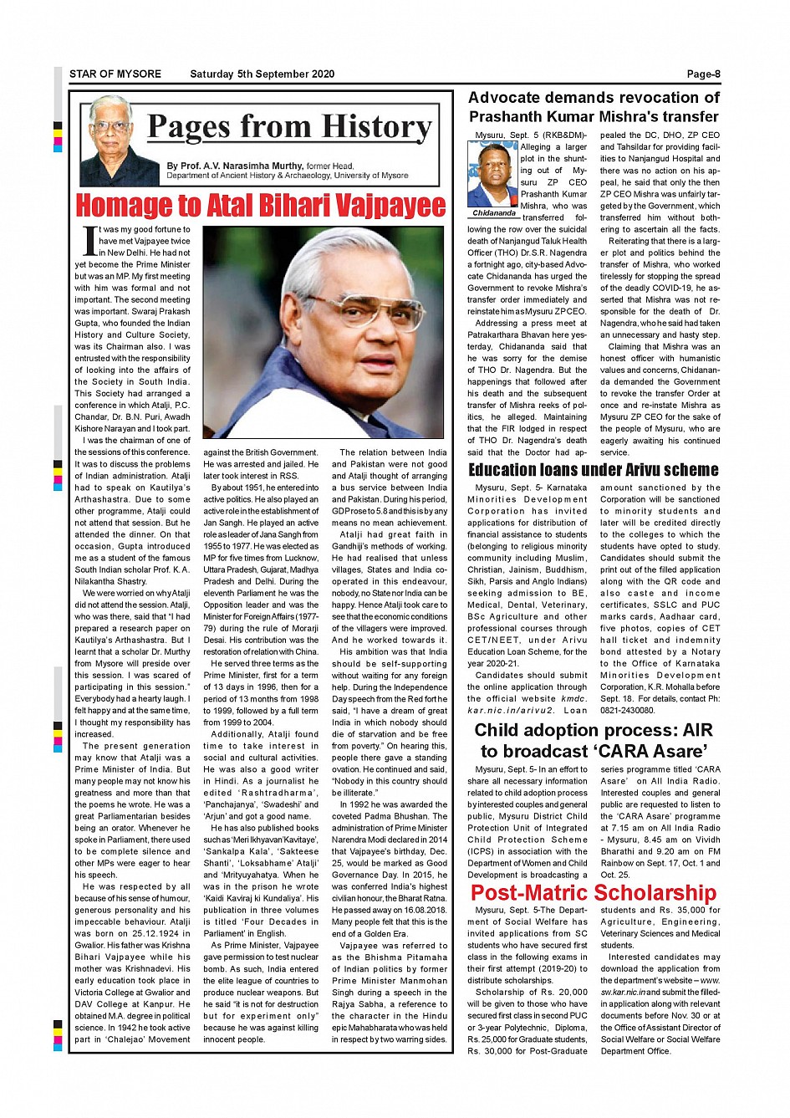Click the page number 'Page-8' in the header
pyautogui.click(x=703, y=74)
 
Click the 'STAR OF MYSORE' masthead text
pyautogui.click(x=115, y=74)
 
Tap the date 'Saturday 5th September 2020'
pyautogui.click(x=262, y=74)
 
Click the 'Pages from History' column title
pyautogui.click(x=289, y=127)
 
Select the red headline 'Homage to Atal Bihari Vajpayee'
pyautogui.click(x=261, y=206)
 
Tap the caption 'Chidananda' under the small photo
pyautogui.click(x=494, y=213)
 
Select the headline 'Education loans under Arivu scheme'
pyautogui.click(x=594, y=470)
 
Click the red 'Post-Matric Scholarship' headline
pyautogui.click(x=594, y=893)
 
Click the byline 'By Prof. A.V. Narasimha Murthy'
pyautogui.click(x=235, y=166)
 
